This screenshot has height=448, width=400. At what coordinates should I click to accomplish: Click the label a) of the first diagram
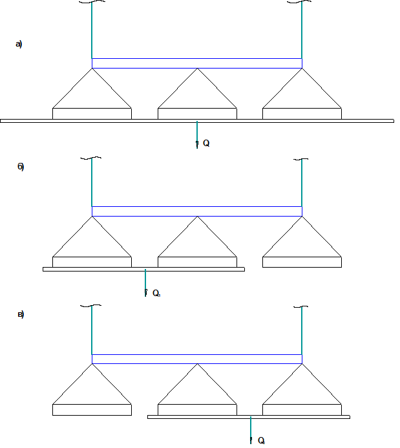tap(19, 45)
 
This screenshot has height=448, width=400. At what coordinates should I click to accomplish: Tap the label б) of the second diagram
tap(20, 167)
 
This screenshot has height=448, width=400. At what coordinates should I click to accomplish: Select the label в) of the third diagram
tap(20, 315)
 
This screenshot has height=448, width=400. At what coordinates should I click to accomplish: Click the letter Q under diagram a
tap(206, 143)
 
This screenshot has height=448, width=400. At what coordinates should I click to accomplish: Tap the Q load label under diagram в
tap(262, 440)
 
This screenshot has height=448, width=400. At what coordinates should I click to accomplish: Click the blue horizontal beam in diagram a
tap(197, 63)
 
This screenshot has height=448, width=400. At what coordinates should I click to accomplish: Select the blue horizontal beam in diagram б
tap(197, 211)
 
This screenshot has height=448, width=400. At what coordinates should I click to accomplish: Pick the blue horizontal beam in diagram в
tap(197, 359)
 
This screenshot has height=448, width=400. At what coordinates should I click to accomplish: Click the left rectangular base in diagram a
tap(92, 114)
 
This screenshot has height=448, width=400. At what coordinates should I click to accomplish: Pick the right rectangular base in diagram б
tap(302, 262)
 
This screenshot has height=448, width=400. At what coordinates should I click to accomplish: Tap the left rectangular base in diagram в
tap(92, 410)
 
